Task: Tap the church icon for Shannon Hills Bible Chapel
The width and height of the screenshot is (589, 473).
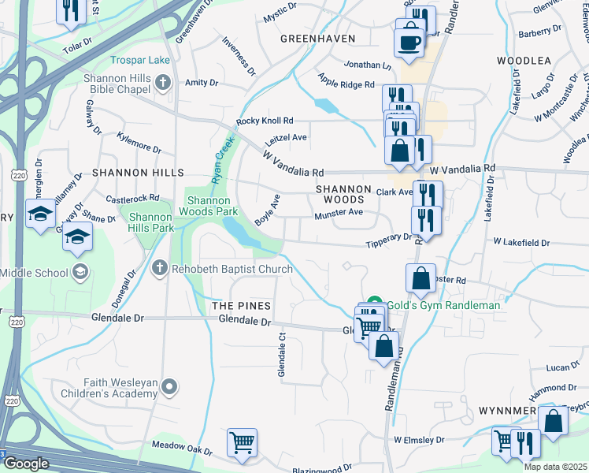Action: pos(163,81)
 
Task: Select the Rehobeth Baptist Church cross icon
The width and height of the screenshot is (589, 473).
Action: pos(160,269)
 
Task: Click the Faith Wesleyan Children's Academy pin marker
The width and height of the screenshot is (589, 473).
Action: pos(172,386)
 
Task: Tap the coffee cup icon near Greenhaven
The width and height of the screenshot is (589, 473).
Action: pos(409,43)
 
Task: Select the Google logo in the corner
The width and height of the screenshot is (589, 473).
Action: pos(26,464)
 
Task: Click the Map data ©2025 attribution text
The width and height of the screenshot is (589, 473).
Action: pos(555,467)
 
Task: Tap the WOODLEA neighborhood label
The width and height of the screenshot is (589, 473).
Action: pos(524,60)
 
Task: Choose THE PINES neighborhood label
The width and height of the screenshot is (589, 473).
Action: pos(240,305)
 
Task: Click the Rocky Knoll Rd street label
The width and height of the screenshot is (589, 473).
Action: pos(265,121)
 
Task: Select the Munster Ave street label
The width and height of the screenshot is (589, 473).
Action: pos(338,213)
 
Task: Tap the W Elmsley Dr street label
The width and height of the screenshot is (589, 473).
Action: pos(419,439)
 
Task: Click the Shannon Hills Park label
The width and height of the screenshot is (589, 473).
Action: pos(150,222)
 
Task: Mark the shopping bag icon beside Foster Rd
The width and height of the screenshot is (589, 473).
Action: pos(421,277)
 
